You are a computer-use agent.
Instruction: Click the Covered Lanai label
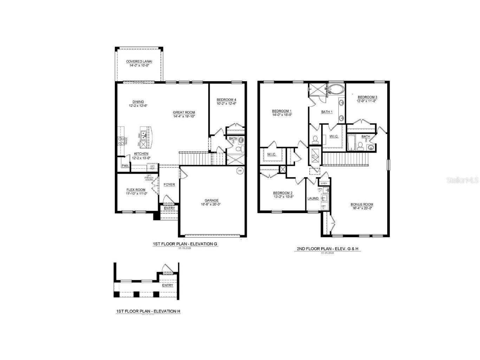(139, 62)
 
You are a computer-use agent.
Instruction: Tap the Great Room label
(184, 112)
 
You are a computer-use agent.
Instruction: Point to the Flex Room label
(136, 190)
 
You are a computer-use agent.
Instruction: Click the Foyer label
(169, 185)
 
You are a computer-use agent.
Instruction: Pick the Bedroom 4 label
(226, 99)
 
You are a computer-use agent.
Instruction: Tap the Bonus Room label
(362, 204)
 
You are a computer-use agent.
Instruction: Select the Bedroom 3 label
(367, 97)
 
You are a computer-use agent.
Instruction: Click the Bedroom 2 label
(283, 193)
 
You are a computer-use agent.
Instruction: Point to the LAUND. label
(313, 198)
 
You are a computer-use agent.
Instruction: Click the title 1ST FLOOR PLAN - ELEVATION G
(185, 244)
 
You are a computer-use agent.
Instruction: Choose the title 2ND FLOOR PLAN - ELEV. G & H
(327, 249)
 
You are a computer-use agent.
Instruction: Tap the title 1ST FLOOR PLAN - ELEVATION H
(148, 311)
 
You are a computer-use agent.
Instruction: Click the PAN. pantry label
(125, 166)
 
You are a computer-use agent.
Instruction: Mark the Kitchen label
(141, 154)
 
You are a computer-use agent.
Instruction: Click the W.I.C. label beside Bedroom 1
(271, 154)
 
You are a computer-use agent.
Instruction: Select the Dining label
(138, 102)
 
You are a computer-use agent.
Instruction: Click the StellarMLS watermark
(462, 180)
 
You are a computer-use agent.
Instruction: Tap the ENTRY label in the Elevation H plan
(168, 285)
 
